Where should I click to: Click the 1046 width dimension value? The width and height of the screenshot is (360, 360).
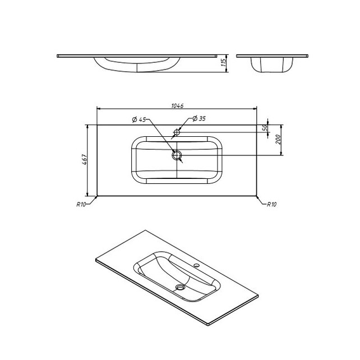tap(177, 106)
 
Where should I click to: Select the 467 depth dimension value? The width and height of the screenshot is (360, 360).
tap(84, 159)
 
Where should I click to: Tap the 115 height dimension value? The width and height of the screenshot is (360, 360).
tap(223, 62)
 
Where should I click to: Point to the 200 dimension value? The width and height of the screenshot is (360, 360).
tap(278, 140)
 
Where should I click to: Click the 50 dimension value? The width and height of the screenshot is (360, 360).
tap(265, 127)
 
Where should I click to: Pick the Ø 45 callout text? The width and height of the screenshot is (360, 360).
tap(139, 119)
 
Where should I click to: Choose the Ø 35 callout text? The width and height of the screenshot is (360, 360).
tap(199, 118)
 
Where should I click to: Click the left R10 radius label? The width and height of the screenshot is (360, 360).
tap(81, 204)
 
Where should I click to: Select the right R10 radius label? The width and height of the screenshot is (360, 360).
tap(271, 204)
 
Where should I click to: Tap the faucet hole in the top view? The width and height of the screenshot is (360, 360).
tap(177, 132)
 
